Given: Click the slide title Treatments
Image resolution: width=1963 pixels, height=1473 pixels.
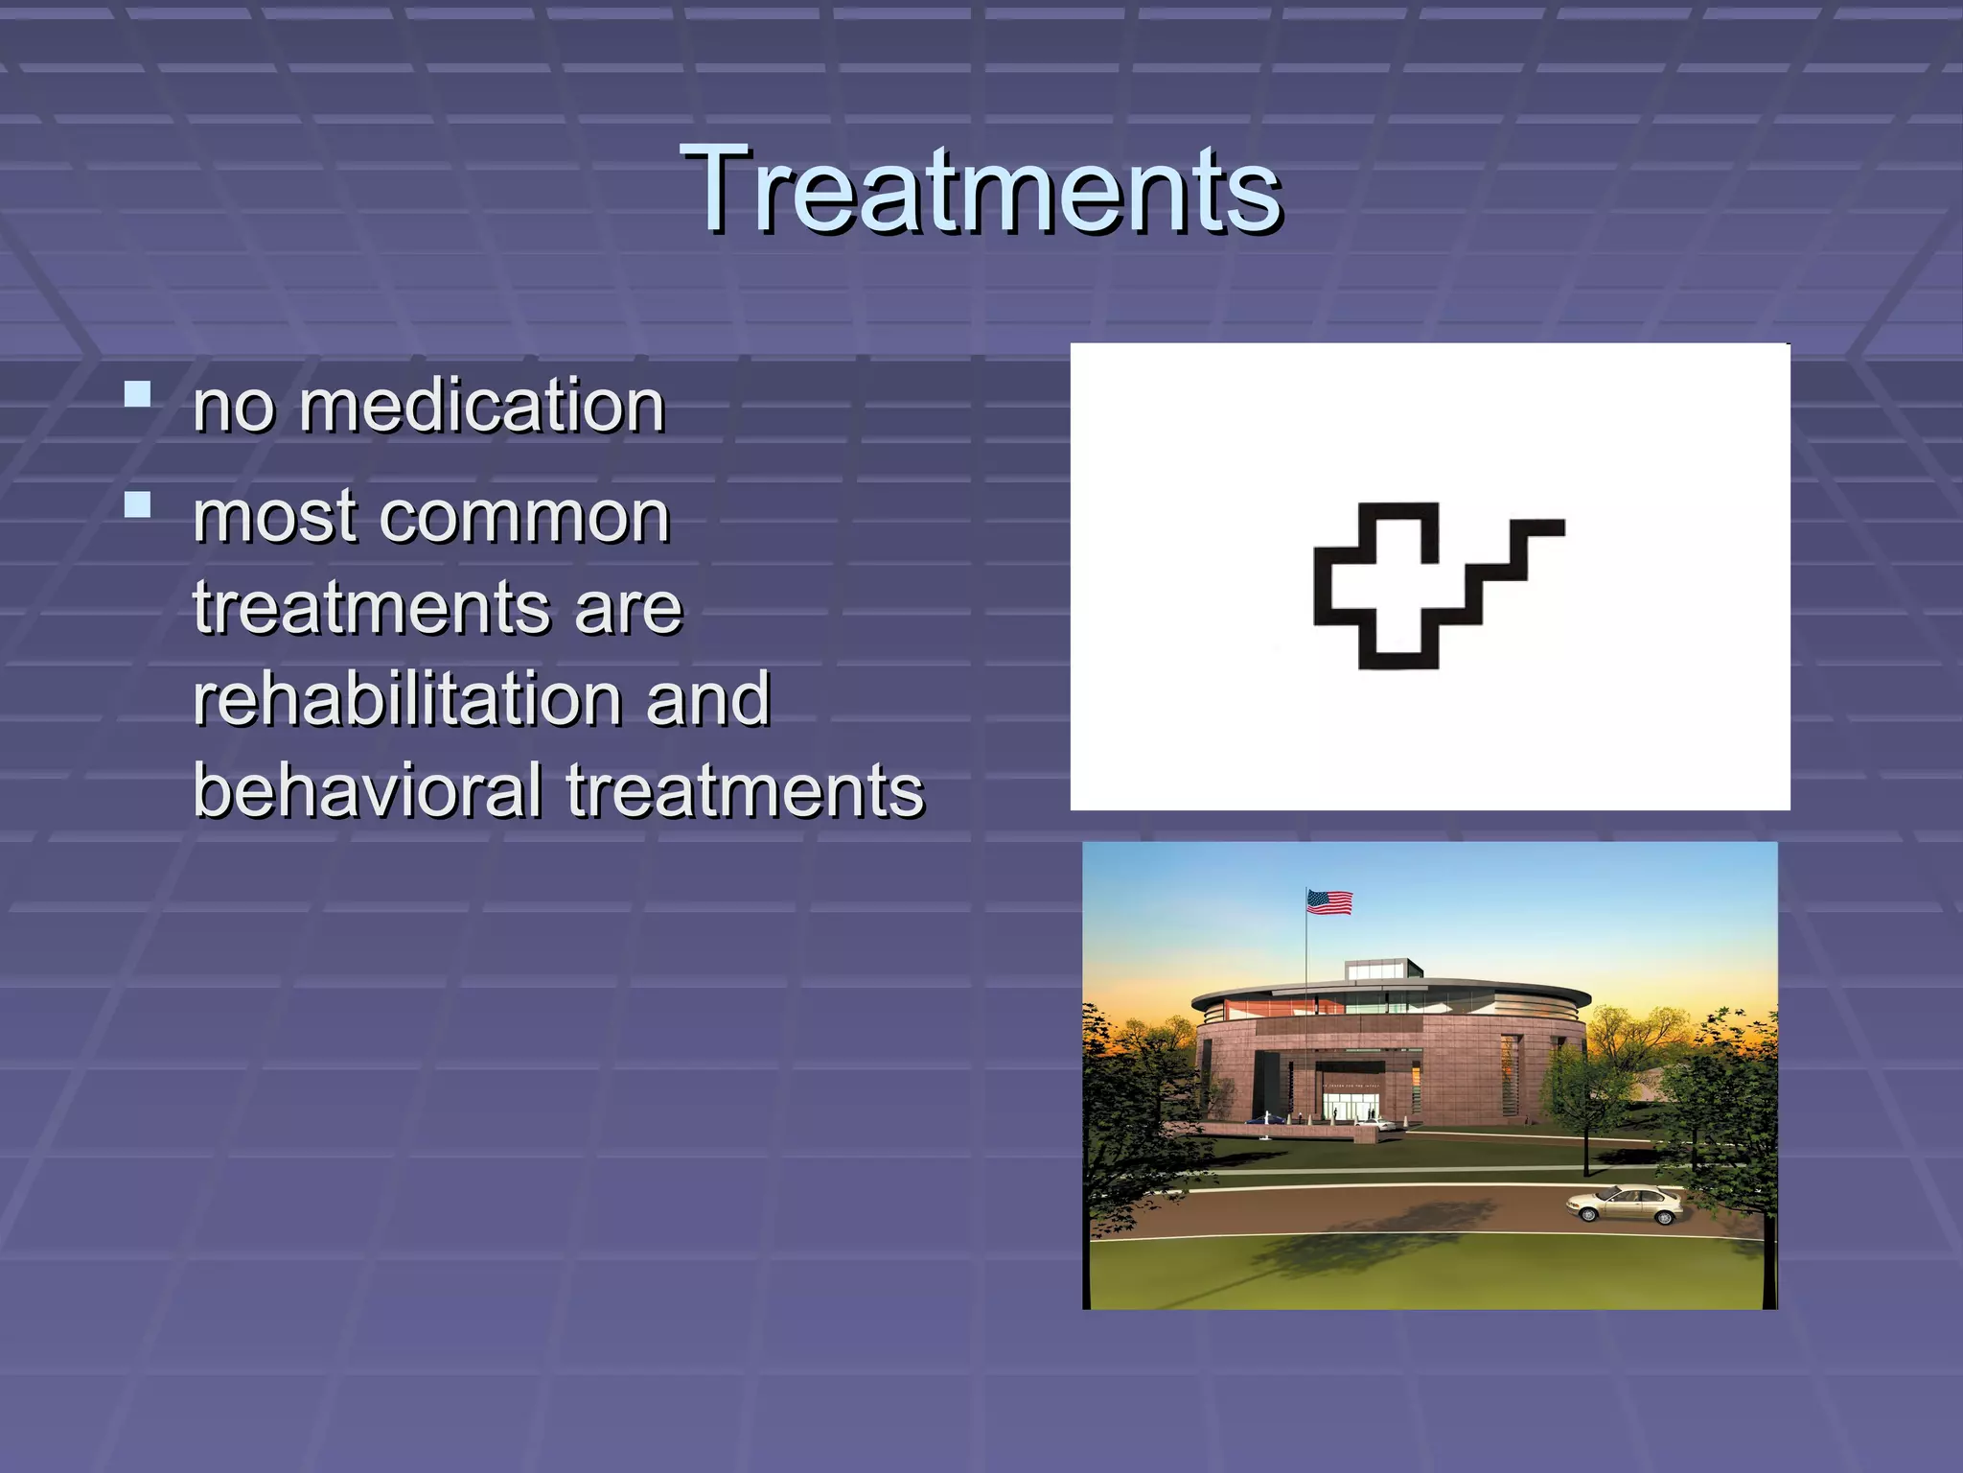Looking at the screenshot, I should [981, 189].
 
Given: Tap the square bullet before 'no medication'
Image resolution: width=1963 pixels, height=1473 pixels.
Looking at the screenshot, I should [138, 394].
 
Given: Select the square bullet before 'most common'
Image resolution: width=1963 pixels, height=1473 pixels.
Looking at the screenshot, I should [138, 504].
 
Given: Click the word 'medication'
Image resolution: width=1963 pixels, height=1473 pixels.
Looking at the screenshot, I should [481, 406].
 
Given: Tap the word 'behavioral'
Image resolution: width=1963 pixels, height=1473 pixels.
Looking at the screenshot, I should [368, 790].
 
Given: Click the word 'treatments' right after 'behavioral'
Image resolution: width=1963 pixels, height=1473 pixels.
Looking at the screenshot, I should [745, 790].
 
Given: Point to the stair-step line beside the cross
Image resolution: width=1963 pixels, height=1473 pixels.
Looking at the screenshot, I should [1509, 570].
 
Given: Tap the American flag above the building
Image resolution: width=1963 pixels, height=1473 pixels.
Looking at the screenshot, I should [1329, 902].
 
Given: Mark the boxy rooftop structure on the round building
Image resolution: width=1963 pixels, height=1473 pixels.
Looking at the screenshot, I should [1384, 969].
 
